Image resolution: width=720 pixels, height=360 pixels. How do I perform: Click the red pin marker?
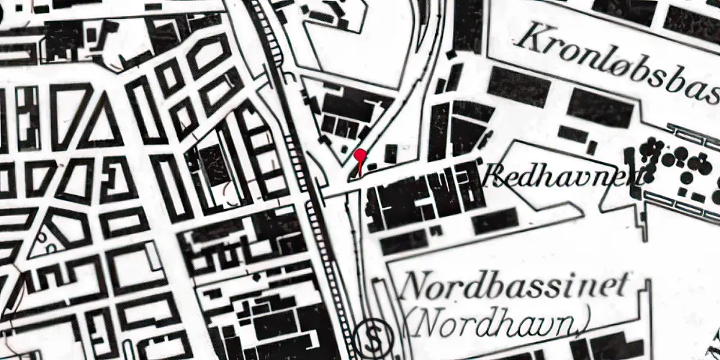point(361,155)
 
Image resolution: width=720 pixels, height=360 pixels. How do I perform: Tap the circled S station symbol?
point(372,335)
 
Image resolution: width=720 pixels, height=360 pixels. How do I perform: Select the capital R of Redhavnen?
point(494,173)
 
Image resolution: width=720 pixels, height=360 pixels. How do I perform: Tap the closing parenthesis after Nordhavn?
point(588,324)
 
